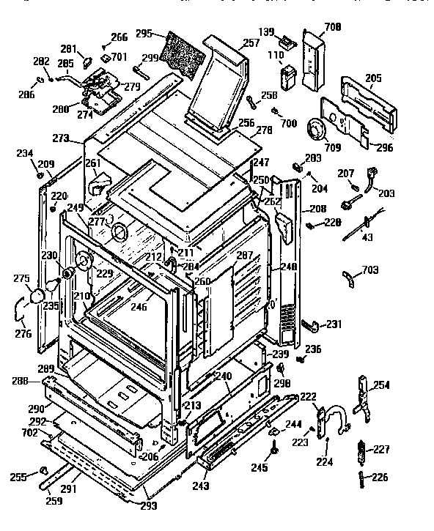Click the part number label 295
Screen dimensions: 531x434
click(144, 34)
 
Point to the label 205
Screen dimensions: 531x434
click(373, 78)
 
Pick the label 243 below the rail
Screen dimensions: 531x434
click(200, 485)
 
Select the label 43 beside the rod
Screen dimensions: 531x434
click(367, 237)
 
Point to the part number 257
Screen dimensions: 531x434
click(251, 44)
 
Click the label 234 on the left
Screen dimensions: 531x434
click(25, 153)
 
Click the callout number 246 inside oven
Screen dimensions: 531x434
click(139, 307)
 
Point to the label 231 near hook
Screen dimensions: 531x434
click(334, 324)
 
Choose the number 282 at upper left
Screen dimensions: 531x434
click(41, 62)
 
